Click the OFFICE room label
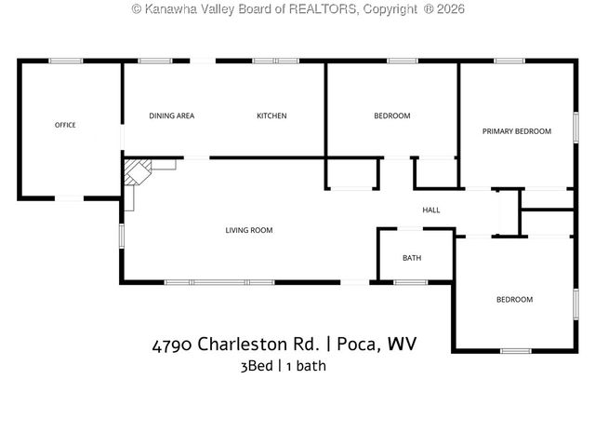(65, 125)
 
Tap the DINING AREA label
(172, 116)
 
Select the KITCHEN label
(271, 116)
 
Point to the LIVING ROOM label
(249, 230)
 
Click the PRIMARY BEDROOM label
(516, 131)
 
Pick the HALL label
(431, 210)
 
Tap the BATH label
(411, 258)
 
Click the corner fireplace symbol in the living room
(139, 174)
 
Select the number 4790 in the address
(172, 345)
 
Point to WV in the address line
(402, 345)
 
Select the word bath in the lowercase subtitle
(311, 366)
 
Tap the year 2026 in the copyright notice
(446, 8)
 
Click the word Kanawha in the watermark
(174, 8)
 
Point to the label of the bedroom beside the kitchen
(391, 116)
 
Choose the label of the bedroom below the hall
(514, 299)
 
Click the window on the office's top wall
(66, 61)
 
